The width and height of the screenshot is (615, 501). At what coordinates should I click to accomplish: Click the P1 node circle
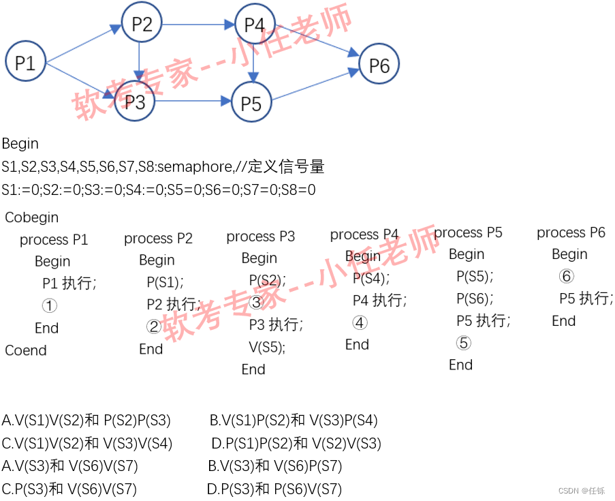point(25,63)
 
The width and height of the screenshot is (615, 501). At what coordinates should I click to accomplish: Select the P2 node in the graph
point(142,25)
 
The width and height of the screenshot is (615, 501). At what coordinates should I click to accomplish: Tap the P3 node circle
point(135,102)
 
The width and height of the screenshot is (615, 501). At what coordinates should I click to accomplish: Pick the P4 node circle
point(254,25)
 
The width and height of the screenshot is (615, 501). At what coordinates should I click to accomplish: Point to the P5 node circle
point(251,103)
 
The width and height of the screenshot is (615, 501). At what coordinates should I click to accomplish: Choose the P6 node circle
point(379,65)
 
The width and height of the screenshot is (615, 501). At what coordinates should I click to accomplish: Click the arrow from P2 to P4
point(198,25)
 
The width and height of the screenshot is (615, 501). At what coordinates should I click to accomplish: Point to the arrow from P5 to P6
point(315,85)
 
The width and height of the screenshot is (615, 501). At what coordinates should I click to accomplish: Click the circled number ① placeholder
point(50,306)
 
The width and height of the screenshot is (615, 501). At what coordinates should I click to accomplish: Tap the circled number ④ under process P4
point(360,323)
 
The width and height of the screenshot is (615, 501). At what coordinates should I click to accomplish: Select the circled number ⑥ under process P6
point(566,276)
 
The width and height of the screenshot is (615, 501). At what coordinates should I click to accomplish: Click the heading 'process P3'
point(261,237)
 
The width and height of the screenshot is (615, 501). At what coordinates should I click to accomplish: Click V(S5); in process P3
point(267,347)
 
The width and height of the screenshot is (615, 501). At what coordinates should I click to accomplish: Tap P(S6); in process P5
point(475,299)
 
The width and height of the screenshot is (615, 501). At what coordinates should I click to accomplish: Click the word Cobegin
point(32,217)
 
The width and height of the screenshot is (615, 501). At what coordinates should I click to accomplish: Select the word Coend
point(26,350)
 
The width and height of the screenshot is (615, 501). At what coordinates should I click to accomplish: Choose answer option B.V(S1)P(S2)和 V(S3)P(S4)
point(294,421)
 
